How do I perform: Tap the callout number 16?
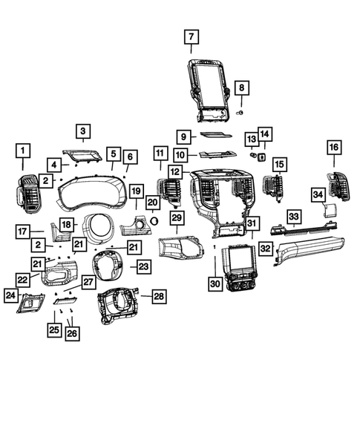(x=333, y=148)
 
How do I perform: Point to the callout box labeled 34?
(x=318, y=194)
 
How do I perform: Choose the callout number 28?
(x=160, y=297)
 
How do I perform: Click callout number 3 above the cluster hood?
(x=83, y=132)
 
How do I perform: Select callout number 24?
(x=11, y=296)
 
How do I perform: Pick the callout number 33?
(x=294, y=216)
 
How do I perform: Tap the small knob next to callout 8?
(x=239, y=112)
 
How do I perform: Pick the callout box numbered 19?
(x=137, y=191)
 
